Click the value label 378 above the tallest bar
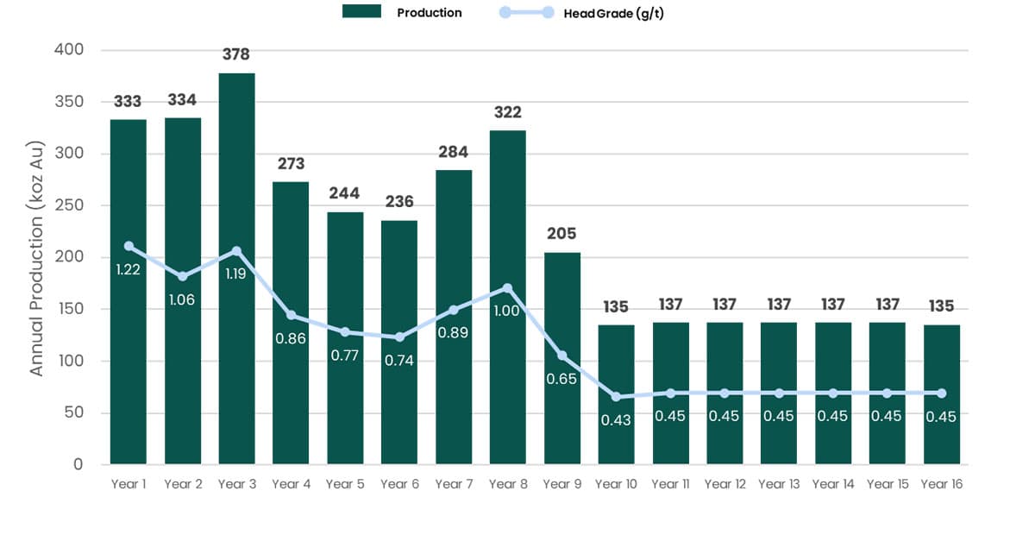[x=236, y=54]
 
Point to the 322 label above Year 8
[x=507, y=112]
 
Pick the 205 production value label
[x=561, y=234]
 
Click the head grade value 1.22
[x=129, y=270]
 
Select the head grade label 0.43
[x=616, y=420]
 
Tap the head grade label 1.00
[x=507, y=311]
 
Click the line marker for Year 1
[x=129, y=246]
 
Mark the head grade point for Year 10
[x=616, y=397]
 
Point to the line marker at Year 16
[x=941, y=393]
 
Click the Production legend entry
[x=403, y=13]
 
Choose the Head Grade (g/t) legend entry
[x=586, y=13]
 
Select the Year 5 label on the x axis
[x=345, y=484]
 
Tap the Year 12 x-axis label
[x=724, y=484]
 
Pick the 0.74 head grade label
[x=399, y=361]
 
